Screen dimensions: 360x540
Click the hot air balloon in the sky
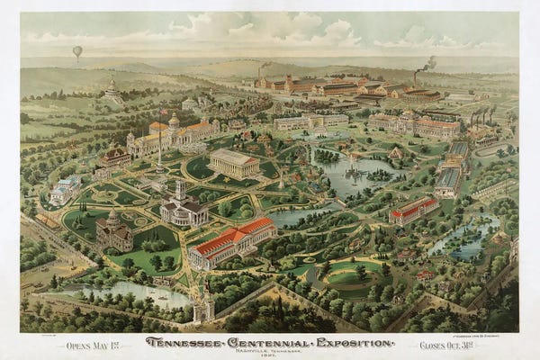[77, 52]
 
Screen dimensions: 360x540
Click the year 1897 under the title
[270, 355]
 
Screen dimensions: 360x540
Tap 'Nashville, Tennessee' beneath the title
[270, 350]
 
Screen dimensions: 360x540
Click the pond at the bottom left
[135, 292]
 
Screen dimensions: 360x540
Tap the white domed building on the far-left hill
[112, 90]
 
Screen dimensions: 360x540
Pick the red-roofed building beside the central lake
[414, 211]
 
